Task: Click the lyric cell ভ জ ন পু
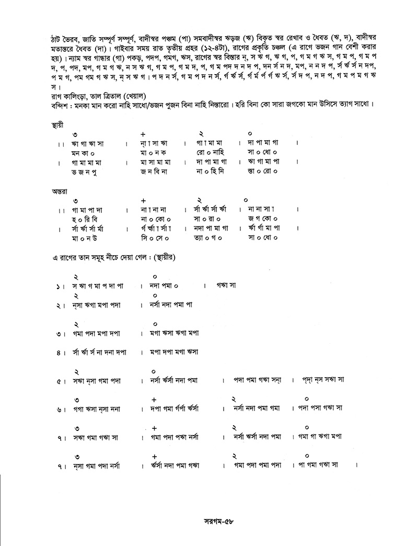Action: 87,171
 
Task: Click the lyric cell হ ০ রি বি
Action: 87,219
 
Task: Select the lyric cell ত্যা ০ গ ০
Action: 208,238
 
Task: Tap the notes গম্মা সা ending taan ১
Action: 227,286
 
